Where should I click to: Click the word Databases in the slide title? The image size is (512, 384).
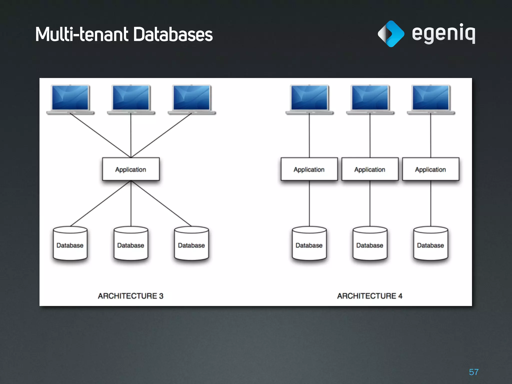click(173, 34)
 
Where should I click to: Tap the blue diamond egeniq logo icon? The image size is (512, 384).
click(391, 34)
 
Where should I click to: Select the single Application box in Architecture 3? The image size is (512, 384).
click(131, 169)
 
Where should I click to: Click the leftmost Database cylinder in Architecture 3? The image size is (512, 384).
click(70, 243)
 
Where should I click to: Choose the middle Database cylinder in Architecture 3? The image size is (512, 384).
click(131, 243)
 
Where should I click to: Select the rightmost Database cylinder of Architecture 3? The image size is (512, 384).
click(191, 243)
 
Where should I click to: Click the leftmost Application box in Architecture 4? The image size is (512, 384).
click(309, 169)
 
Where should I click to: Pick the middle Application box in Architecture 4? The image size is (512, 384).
click(370, 169)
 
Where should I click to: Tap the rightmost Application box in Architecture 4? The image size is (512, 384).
click(430, 169)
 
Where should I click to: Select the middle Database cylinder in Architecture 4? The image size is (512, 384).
click(370, 243)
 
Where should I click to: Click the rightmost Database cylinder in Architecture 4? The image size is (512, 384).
click(430, 243)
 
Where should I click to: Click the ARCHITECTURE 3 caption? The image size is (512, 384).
click(130, 296)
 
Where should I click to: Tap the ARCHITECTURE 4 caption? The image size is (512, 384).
click(370, 296)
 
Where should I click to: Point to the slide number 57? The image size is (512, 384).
click(473, 372)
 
